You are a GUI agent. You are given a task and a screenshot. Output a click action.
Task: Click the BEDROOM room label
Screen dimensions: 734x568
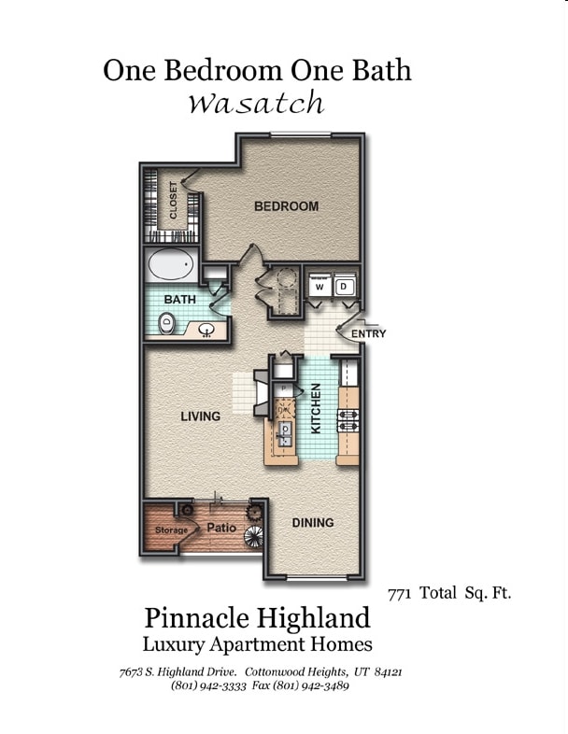pyautogui.click(x=286, y=206)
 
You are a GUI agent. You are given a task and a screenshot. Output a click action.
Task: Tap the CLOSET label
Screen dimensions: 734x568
pyautogui.click(x=174, y=199)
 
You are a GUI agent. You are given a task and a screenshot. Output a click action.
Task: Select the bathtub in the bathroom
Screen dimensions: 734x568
pyautogui.click(x=170, y=266)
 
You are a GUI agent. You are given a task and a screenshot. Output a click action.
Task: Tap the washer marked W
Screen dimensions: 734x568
pyautogui.click(x=319, y=287)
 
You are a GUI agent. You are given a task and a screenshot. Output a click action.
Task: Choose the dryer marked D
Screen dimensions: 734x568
pyautogui.click(x=344, y=287)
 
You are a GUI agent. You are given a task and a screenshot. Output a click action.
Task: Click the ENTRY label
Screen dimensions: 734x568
pyautogui.click(x=368, y=333)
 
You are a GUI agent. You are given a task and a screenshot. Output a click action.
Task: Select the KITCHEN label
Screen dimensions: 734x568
pyautogui.click(x=316, y=408)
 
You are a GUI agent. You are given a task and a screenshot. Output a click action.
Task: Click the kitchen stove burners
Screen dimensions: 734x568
pyautogui.click(x=349, y=419)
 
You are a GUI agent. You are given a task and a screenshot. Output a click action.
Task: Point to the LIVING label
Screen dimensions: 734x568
pyautogui.click(x=200, y=416)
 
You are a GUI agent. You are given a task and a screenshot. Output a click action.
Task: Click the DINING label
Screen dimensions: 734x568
pyautogui.click(x=312, y=523)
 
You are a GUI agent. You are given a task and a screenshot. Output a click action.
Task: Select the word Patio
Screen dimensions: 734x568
pyautogui.click(x=220, y=528)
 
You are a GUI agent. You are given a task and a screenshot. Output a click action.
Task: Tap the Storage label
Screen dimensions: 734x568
pyautogui.click(x=171, y=530)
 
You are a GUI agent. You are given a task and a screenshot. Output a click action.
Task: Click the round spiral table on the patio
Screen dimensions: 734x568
pyautogui.click(x=253, y=536)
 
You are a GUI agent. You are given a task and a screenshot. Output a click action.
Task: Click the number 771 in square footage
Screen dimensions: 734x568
pyautogui.click(x=400, y=592)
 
